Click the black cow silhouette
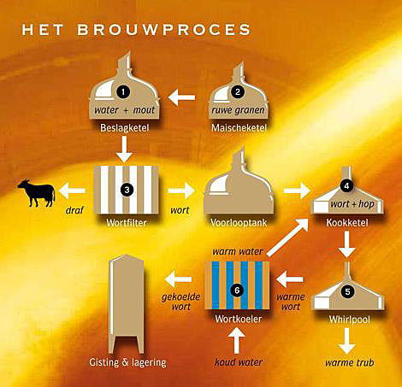(x=37, y=193)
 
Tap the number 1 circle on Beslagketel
(x=123, y=91)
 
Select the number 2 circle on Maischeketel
(x=238, y=91)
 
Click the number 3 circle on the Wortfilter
(x=127, y=190)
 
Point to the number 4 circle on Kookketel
(x=346, y=186)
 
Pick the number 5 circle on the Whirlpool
(x=347, y=291)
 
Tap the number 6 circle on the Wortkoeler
(x=237, y=290)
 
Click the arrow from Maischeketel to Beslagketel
(x=181, y=97)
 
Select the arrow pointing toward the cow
(x=72, y=191)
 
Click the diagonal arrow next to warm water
(x=288, y=237)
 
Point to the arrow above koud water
(x=236, y=341)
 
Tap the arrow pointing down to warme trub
(x=346, y=341)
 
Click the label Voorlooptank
(x=239, y=223)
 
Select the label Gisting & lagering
(x=127, y=362)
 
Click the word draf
(x=74, y=210)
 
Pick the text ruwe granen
(x=238, y=110)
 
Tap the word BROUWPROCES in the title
(x=164, y=30)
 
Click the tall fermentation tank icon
(x=127, y=304)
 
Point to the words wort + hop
(x=352, y=204)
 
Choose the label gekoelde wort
(x=181, y=302)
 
